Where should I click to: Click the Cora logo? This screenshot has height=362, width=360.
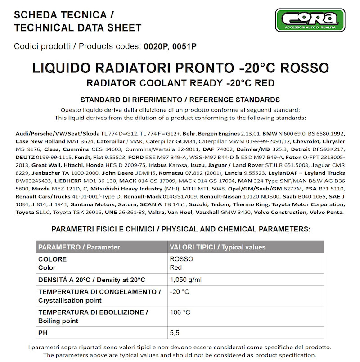pyautogui.click(x=310, y=20)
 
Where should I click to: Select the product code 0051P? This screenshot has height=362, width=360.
pyautogui.click(x=184, y=46)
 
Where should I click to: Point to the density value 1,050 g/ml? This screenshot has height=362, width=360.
pyautogui.click(x=186, y=280)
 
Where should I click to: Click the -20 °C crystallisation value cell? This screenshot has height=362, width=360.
pyautogui.click(x=180, y=292)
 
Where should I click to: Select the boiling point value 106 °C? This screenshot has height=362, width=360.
pyautogui.click(x=180, y=312)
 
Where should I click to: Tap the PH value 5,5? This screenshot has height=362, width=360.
pyautogui.click(x=175, y=333)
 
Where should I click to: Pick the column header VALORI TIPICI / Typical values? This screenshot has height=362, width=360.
pyautogui.click(x=217, y=247)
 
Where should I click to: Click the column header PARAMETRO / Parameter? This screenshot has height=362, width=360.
pyautogui.click(x=79, y=247)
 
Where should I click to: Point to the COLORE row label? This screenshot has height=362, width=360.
pyautogui.click(x=53, y=259)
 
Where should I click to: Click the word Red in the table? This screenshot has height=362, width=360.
pyautogui.click(x=176, y=268)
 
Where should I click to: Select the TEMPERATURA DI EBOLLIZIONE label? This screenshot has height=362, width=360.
pyautogui.click(x=93, y=312)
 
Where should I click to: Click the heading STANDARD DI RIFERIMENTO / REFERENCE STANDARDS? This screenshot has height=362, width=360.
pyautogui.click(x=180, y=100)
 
